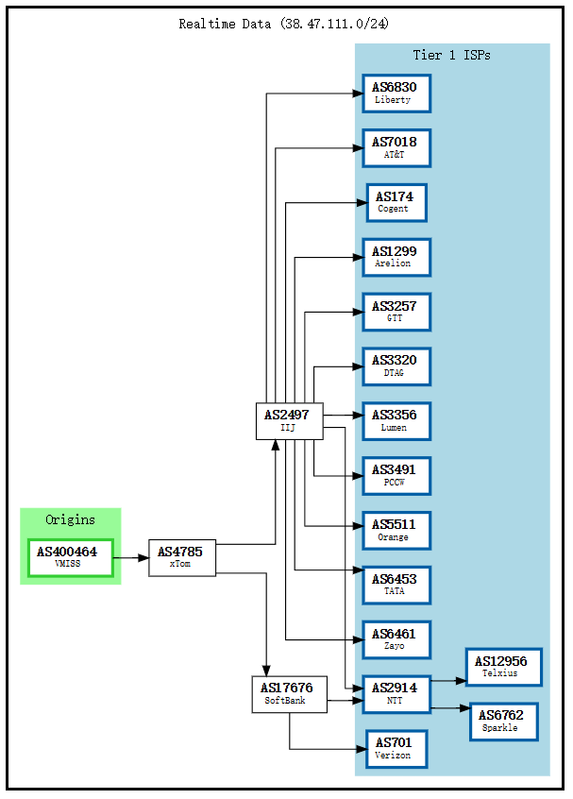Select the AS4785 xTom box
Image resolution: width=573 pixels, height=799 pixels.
point(182,557)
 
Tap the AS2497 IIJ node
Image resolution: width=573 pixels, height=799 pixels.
point(289,420)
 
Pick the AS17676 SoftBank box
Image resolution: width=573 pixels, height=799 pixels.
point(289,694)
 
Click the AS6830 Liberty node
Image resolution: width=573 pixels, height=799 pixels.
point(396,93)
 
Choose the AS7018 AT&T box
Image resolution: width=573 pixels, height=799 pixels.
point(396,148)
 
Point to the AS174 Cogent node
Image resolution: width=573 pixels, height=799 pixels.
point(396,203)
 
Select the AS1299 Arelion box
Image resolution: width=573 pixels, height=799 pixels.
point(396,257)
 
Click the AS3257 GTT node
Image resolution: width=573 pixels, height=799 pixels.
point(396,312)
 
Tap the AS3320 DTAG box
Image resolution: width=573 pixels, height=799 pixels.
point(396,366)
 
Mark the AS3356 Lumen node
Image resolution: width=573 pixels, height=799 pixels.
point(396,421)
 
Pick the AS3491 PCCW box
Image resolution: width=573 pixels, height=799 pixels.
point(396,475)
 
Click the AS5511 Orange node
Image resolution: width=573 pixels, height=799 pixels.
point(396,530)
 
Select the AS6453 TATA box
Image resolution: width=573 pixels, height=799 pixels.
point(396,585)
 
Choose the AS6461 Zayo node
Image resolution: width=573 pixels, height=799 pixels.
point(396,639)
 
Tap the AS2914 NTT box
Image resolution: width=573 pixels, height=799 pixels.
point(396,694)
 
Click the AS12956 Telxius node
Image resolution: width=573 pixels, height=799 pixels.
point(503,667)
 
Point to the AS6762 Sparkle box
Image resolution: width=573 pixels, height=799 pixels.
point(503,722)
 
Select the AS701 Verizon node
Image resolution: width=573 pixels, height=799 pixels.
point(396,749)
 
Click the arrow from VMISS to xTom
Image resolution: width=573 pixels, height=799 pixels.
point(131,557)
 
